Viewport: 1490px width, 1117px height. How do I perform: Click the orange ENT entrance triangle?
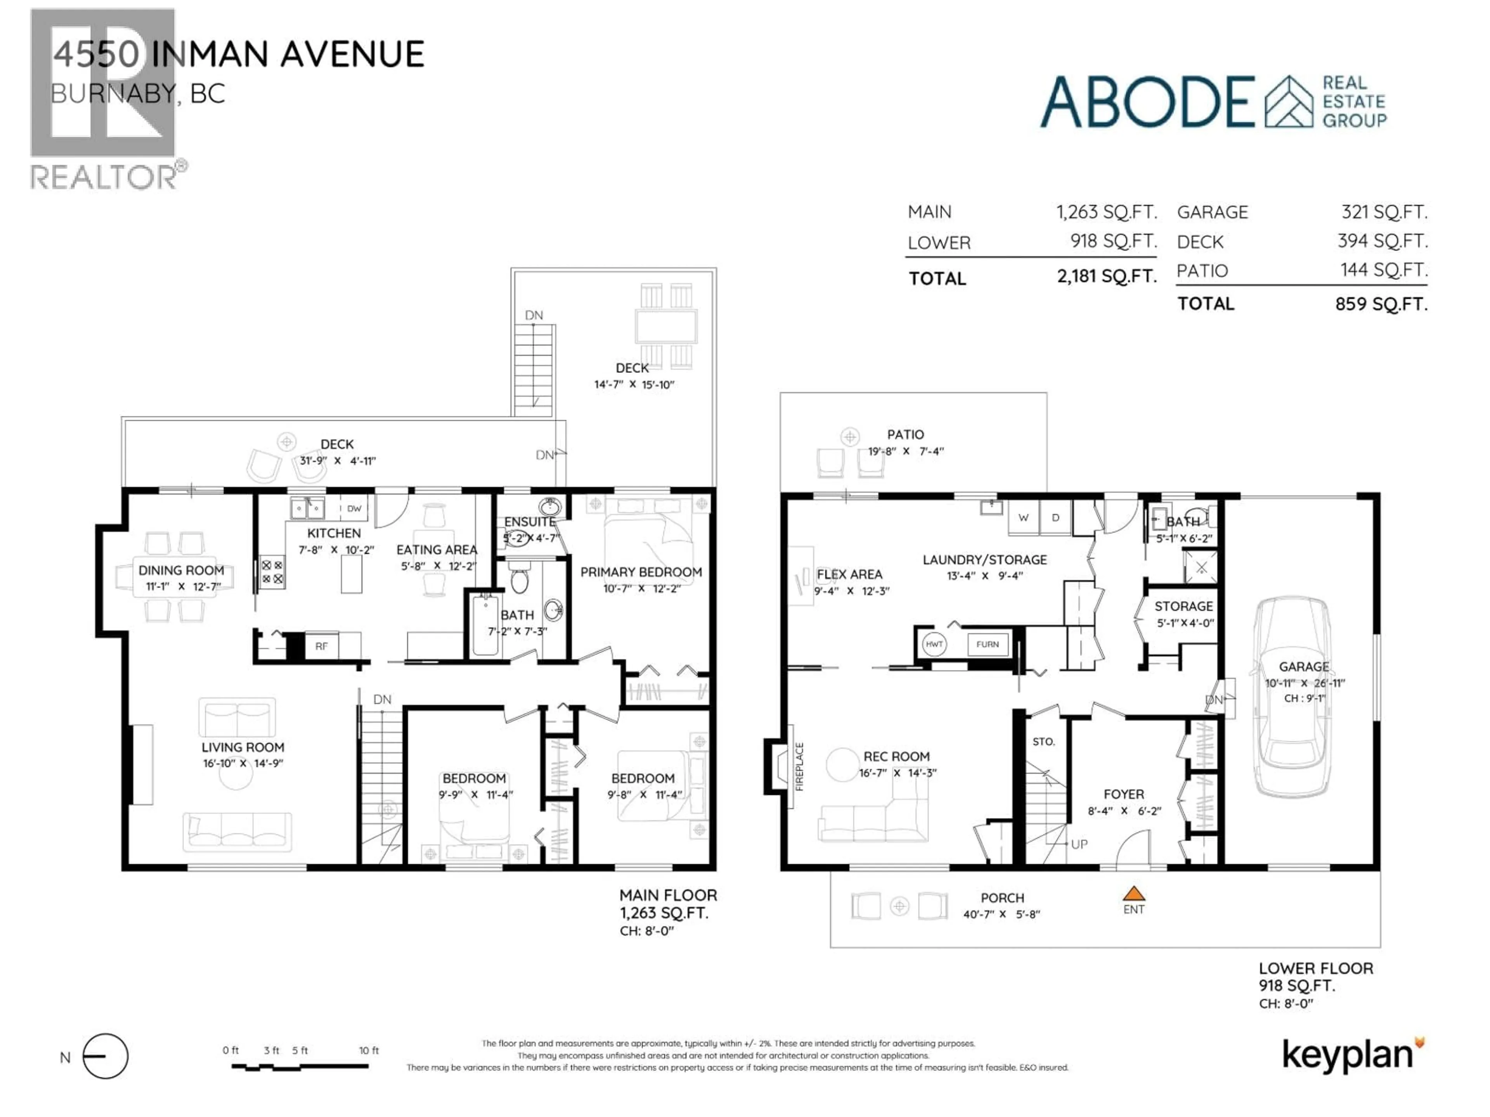coord(1134,894)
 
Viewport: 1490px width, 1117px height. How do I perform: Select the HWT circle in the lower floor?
coord(934,644)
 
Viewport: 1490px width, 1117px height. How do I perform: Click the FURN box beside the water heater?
coord(988,644)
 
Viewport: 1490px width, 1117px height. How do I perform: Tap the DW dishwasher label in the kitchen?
coord(354,509)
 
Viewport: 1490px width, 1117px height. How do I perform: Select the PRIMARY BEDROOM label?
coord(641,572)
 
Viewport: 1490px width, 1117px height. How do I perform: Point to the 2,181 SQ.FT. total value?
coord(1107,276)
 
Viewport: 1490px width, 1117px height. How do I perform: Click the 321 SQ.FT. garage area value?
coord(1384,212)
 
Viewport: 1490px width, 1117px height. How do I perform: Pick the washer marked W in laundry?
coord(1023,518)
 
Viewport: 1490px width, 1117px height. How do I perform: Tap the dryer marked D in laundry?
coord(1055,518)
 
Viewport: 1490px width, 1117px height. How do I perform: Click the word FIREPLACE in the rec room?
coord(800,766)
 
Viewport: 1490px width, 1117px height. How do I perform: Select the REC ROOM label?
coord(897,757)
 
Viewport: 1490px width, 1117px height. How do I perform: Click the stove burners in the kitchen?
coord(272,572)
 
